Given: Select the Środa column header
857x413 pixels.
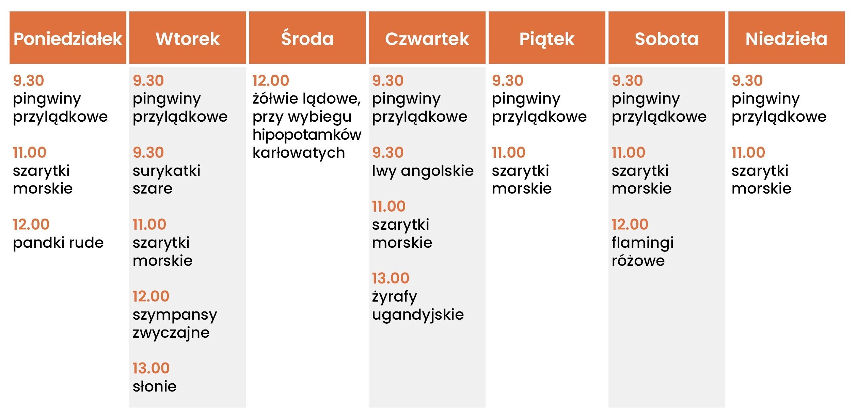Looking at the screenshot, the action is tap(307, 38).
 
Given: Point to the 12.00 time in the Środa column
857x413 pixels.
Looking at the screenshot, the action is tap(271, 81).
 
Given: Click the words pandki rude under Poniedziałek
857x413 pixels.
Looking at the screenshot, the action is tap(58, 243).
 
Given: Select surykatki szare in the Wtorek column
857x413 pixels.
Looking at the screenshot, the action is tap(166, 179).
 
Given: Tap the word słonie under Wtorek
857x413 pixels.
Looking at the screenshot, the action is tap(155, 386).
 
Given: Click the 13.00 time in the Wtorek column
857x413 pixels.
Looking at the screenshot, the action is tap(151, 368).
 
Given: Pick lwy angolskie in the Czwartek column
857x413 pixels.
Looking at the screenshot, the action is tap(423, 171).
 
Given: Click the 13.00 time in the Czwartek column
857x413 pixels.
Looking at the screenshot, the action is tap(391, 278).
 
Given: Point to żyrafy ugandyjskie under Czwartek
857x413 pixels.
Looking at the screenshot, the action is tap(418, 306).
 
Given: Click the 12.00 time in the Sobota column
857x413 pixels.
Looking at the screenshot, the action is tap(630, 225).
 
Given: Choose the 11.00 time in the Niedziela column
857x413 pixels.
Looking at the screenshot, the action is tap(748, 153).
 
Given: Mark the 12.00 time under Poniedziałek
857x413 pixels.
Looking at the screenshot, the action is tap(31, 225).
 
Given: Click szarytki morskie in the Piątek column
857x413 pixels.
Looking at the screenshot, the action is tap(522, 179).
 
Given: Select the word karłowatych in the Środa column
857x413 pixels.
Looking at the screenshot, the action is tap(299, 153).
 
